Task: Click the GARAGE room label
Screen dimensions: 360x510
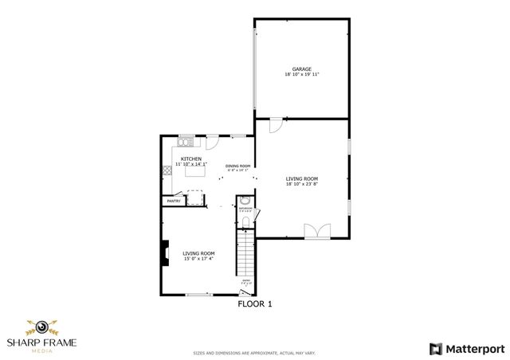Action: click(301, 69)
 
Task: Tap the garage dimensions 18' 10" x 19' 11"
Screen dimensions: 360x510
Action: click(301, 75)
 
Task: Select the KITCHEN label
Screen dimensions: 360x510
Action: click(191, 158)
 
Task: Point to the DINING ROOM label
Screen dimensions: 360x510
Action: click(237, 166)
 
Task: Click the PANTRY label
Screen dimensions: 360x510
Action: click(174, 202)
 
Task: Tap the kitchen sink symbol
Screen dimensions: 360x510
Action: click(186, 143)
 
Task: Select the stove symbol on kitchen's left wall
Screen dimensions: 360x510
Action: click(167, 170)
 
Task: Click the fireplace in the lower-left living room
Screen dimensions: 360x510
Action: click(165, 254)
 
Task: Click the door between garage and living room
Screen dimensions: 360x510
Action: click(274, 126)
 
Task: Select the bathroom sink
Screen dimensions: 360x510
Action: click(245, 202)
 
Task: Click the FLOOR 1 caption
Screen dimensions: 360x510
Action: click(256, 303)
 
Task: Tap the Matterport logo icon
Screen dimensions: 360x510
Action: click(435, 348)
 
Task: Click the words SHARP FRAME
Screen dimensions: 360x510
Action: click(36, 343)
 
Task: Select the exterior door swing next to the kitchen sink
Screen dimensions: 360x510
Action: click(212, 143)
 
